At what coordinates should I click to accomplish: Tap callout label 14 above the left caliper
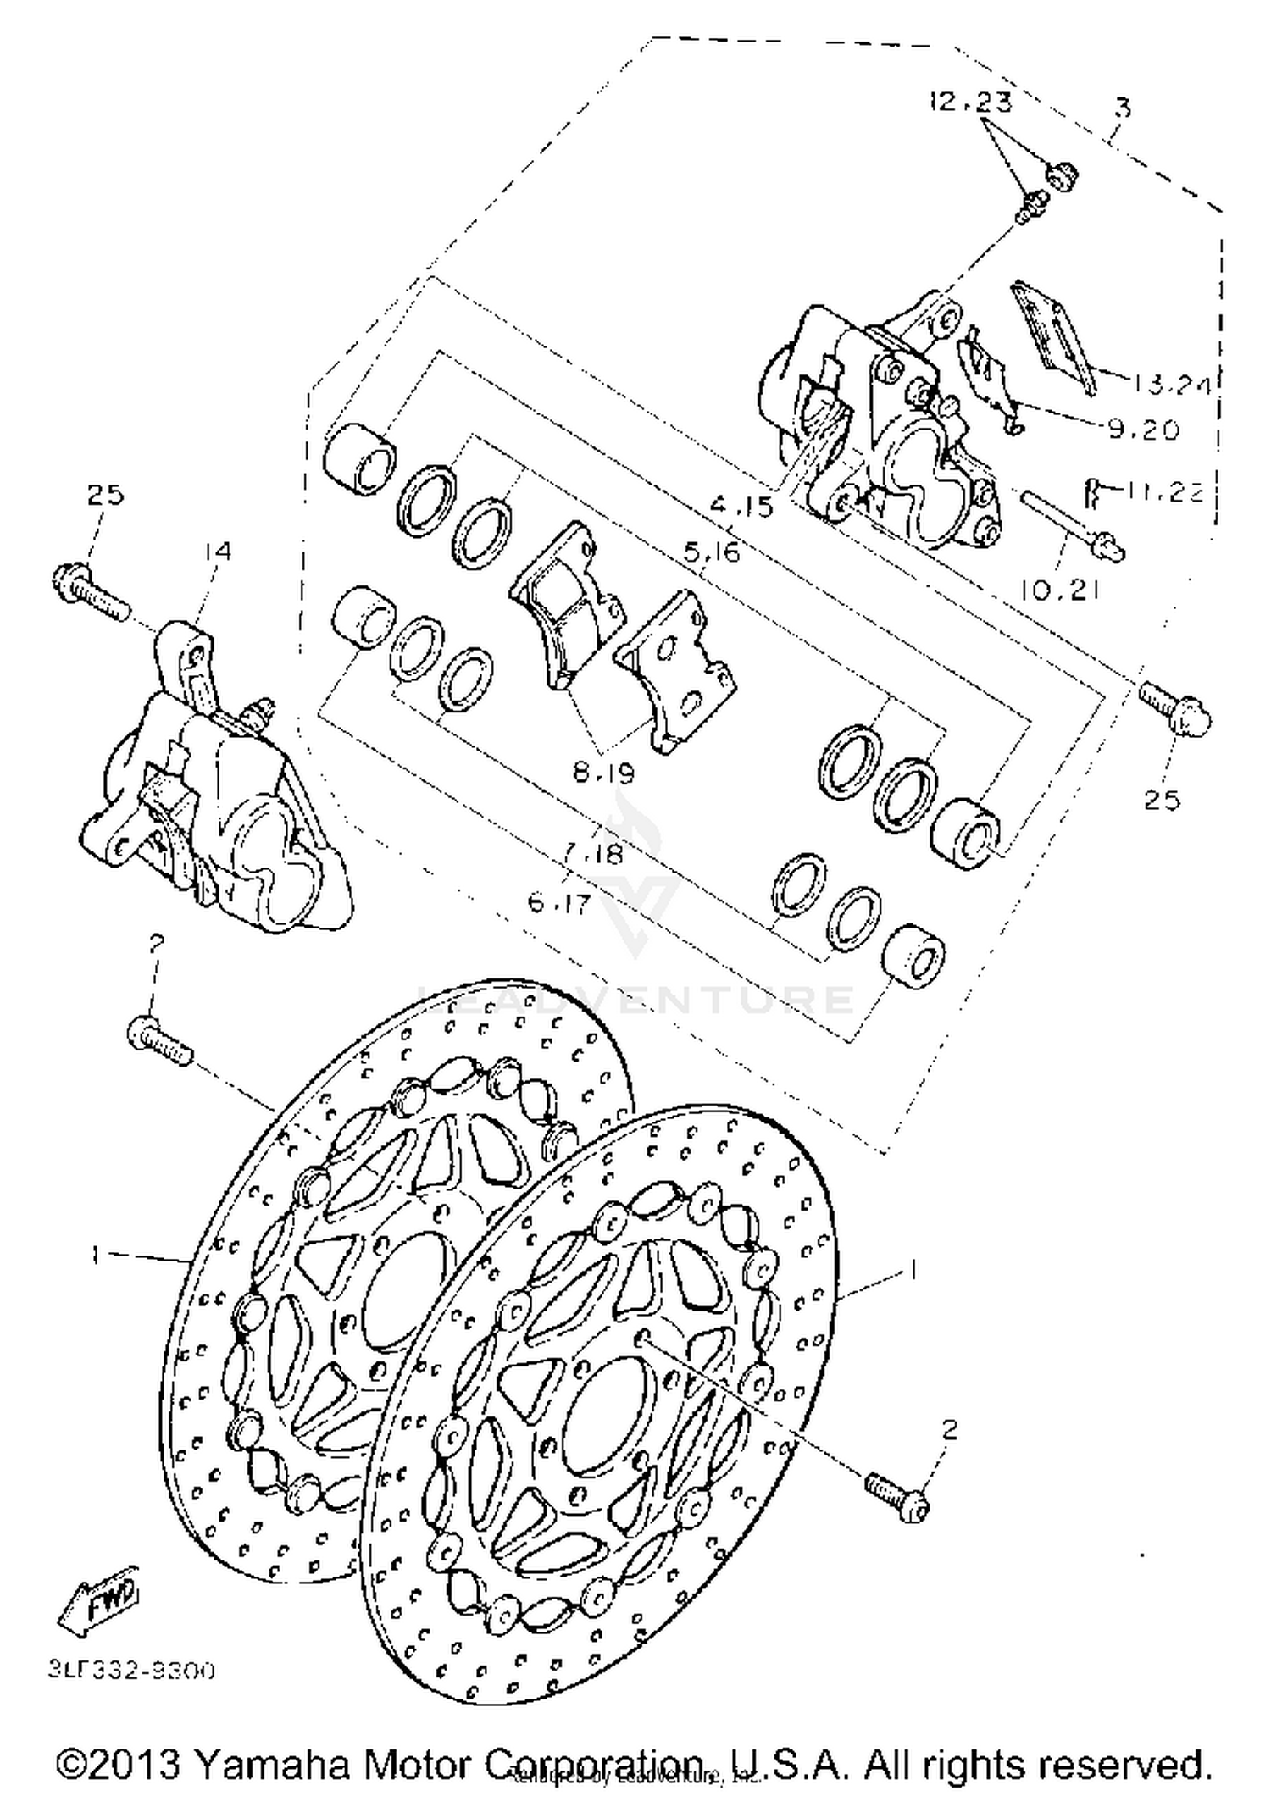pyautogui.click(x=216, y=552)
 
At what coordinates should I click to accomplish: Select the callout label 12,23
pyautogui.click(x=970, y=103)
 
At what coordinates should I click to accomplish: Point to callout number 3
pyautogui.click(x=1123, y=108)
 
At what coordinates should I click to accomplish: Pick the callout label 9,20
pyautogui.click(x=1143, y=430)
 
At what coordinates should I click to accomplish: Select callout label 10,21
pyautogui.click(x=1059, y=590)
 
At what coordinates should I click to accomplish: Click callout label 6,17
pyautogui.click(x=558, y=904)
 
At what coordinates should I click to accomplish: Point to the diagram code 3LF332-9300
pyautogui.click(x=131, y=1669)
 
